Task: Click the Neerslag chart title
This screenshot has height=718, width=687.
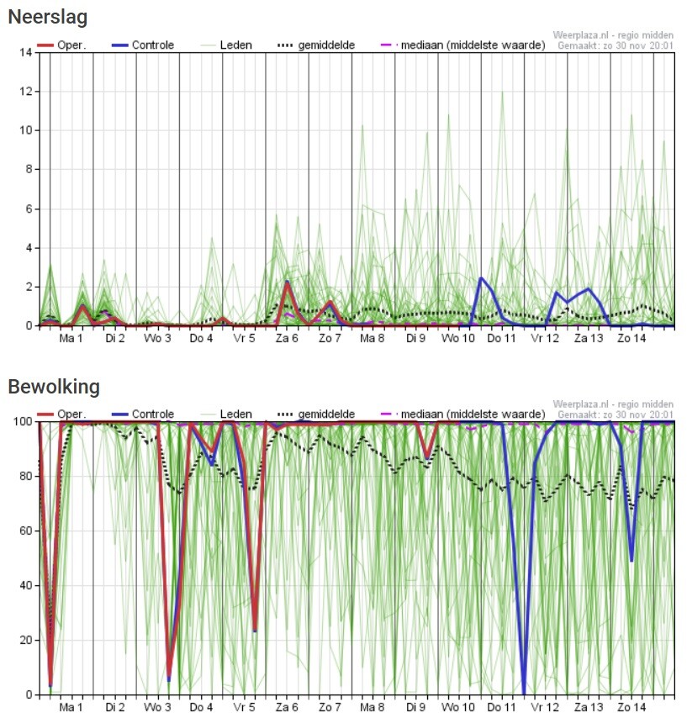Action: [x=48, y=17]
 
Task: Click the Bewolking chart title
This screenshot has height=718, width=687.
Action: [x=54, y=387]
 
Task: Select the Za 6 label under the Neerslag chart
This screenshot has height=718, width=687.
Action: [x=286, y=338]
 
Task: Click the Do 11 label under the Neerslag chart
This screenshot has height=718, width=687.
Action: [x=501, y=338]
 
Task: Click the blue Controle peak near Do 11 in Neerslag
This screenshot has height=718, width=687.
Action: [x=482, y=278]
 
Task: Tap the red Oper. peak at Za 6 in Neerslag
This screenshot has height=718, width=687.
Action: [x=288, y=282]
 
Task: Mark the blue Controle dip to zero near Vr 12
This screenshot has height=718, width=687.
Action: [x=524, y=691]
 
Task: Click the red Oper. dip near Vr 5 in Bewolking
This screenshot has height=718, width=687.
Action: [x=255, y=629]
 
